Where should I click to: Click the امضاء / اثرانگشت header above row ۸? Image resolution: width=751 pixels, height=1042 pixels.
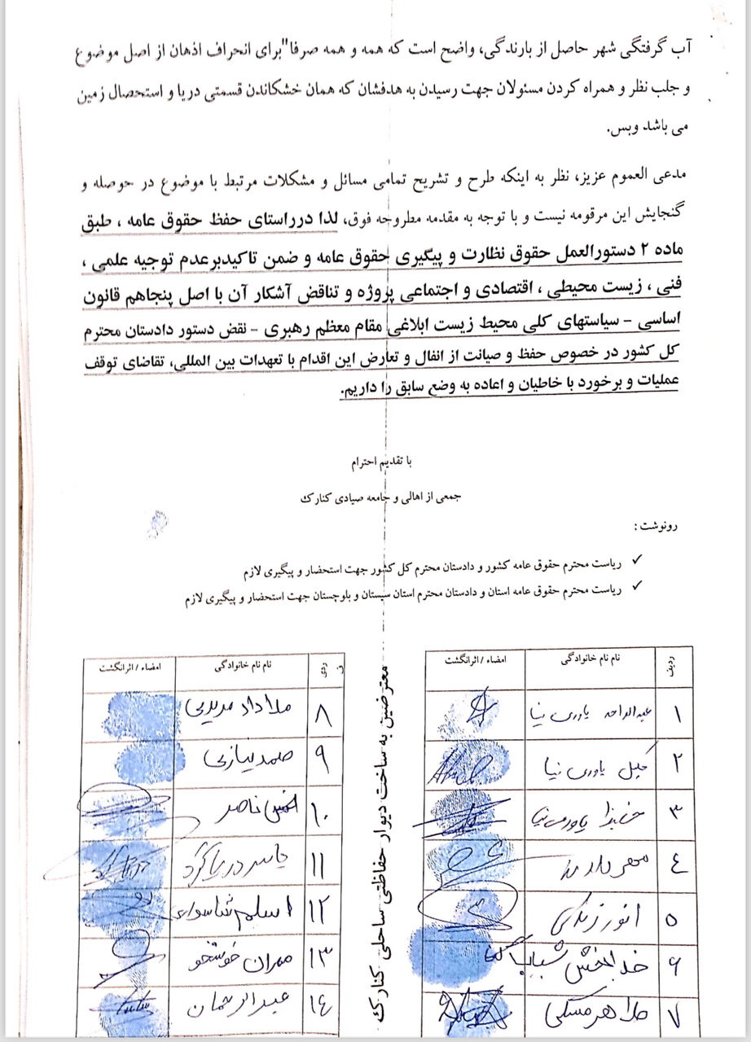pyautogui.click(x=130, y=666)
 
